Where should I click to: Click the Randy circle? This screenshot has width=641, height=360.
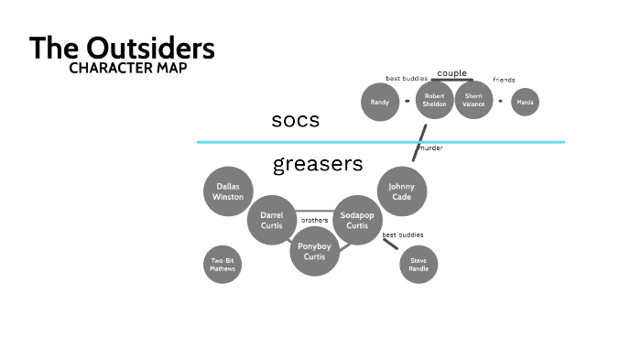[380, 102]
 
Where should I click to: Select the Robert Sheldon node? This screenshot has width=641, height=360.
[435, 102]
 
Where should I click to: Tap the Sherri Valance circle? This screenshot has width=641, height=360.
[473, 102]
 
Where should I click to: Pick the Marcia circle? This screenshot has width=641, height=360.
[525, 102]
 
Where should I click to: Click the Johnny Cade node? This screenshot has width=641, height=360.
[401, 191]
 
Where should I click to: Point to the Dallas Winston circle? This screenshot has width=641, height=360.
[227, 191]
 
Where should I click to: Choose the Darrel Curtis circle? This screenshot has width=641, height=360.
[271, 220]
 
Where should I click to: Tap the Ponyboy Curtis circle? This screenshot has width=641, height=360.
[314, 250]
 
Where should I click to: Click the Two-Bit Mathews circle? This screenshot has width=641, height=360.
[222, 265]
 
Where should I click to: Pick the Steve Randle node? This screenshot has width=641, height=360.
[418, 265]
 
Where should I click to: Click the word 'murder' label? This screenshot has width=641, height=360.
[430, 147]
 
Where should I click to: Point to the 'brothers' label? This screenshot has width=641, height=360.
[314, 220]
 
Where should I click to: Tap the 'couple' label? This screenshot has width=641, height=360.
[451, 72]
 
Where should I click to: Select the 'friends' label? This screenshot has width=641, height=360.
[504, 80]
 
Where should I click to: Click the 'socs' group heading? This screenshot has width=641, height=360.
[295, 121]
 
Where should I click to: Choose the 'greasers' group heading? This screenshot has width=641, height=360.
[318, 165]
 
